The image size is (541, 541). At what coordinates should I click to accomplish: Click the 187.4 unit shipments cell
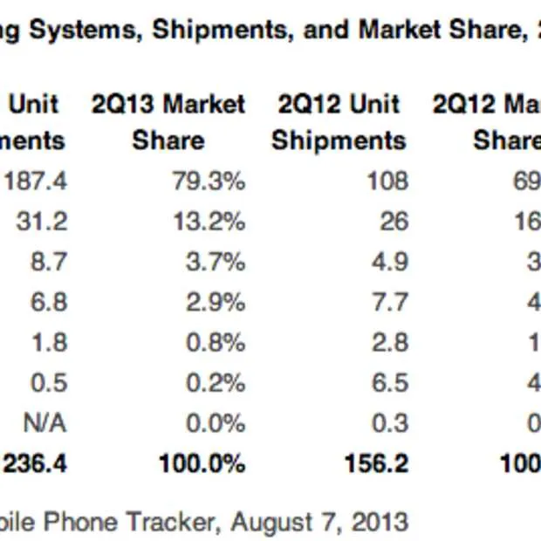coord(36,181)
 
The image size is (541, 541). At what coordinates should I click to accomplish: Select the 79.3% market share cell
coord(209,181)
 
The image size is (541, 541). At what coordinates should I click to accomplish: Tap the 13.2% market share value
coord(209,221)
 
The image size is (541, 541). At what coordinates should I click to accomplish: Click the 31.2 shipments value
coord(41,221)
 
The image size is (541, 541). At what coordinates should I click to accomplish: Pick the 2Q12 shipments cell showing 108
coord(387,181)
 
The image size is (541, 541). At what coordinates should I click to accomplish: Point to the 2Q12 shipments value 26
coord(394,221)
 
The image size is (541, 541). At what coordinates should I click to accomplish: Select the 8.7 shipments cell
coord(47,262)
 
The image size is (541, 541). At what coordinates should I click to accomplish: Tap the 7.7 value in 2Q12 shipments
coord(389,302)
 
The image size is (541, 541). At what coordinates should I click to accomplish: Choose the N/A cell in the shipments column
coord(45,423)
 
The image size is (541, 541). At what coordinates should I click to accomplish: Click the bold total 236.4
coord(35,463)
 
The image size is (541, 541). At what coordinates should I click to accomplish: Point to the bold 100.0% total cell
coord(202,463)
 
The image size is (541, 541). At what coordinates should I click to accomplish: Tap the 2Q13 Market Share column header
coord(168,122)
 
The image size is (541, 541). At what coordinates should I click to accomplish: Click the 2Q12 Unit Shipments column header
coord(339,122)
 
